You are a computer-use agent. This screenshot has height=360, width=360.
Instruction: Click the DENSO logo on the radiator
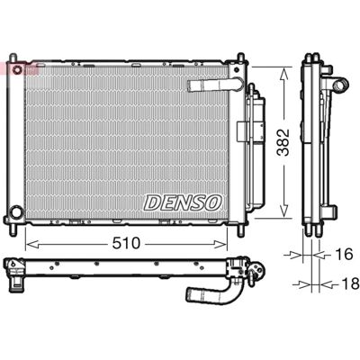[183, 202]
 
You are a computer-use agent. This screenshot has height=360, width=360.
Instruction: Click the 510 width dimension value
[126, 243]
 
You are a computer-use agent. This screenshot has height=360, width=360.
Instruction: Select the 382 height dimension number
[283, 142]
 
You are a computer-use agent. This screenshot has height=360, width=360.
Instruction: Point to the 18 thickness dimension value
[350, 283]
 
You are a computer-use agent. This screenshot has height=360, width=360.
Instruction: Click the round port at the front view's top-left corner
[17, 69]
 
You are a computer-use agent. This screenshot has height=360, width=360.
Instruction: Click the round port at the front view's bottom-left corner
[16, 211]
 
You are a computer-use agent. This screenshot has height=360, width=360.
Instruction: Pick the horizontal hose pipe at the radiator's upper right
[215, 85]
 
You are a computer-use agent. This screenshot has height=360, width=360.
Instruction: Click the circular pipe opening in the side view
[340, 85]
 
